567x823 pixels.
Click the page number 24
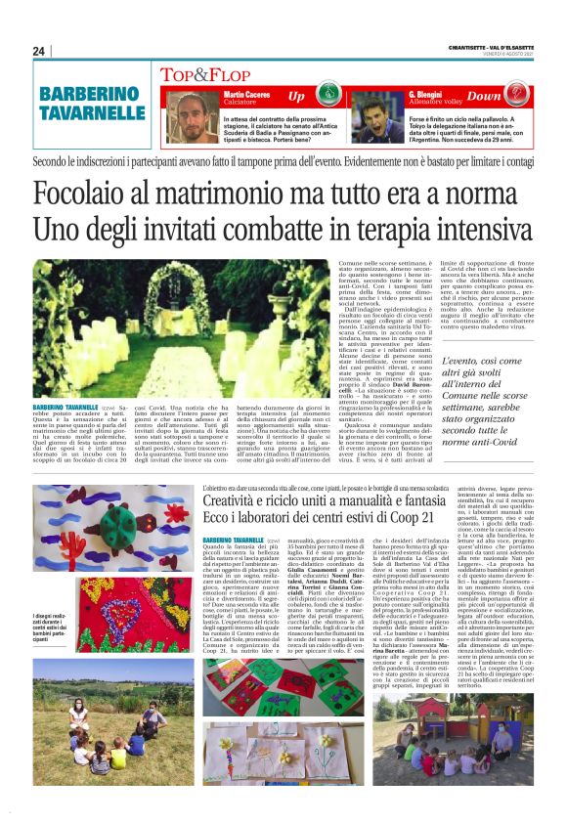tap(39, 51)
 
